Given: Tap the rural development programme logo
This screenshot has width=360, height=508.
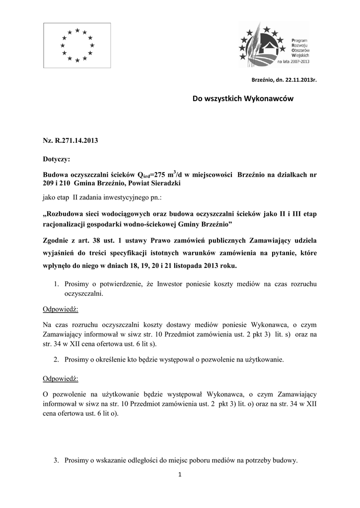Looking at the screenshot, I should click(274, 46).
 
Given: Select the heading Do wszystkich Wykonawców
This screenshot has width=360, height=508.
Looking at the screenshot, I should click(243, 99).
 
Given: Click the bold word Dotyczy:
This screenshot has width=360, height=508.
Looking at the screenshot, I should click(57, 160).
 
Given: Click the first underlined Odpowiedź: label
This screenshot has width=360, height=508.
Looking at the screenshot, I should click(61, 309).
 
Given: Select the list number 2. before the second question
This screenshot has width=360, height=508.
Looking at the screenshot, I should click(57, 359).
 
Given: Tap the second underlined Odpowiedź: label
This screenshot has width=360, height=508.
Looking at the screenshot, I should click(61, 379).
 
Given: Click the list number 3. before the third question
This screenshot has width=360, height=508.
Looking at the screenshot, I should click(57, 461).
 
